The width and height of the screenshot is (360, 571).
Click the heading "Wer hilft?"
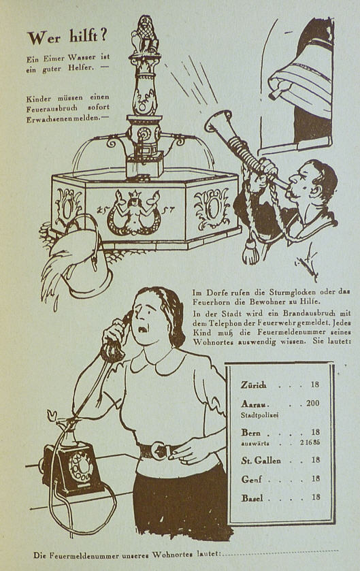click(67, 38)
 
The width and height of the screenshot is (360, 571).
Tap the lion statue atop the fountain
click(145, 35)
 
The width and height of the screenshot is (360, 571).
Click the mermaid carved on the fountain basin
click(133, 212)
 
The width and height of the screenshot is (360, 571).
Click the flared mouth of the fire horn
click(218, 121)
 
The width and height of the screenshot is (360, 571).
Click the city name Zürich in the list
click(253, 385)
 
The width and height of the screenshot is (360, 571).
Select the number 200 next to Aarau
click(312, 403)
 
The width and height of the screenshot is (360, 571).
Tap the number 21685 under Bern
click(310, 443)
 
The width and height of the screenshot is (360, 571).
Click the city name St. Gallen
click(261, 461)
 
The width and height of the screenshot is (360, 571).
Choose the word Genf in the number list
click(251, 479)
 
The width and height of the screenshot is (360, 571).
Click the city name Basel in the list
click(252, 497)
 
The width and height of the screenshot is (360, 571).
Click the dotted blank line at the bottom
click(280, 553)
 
